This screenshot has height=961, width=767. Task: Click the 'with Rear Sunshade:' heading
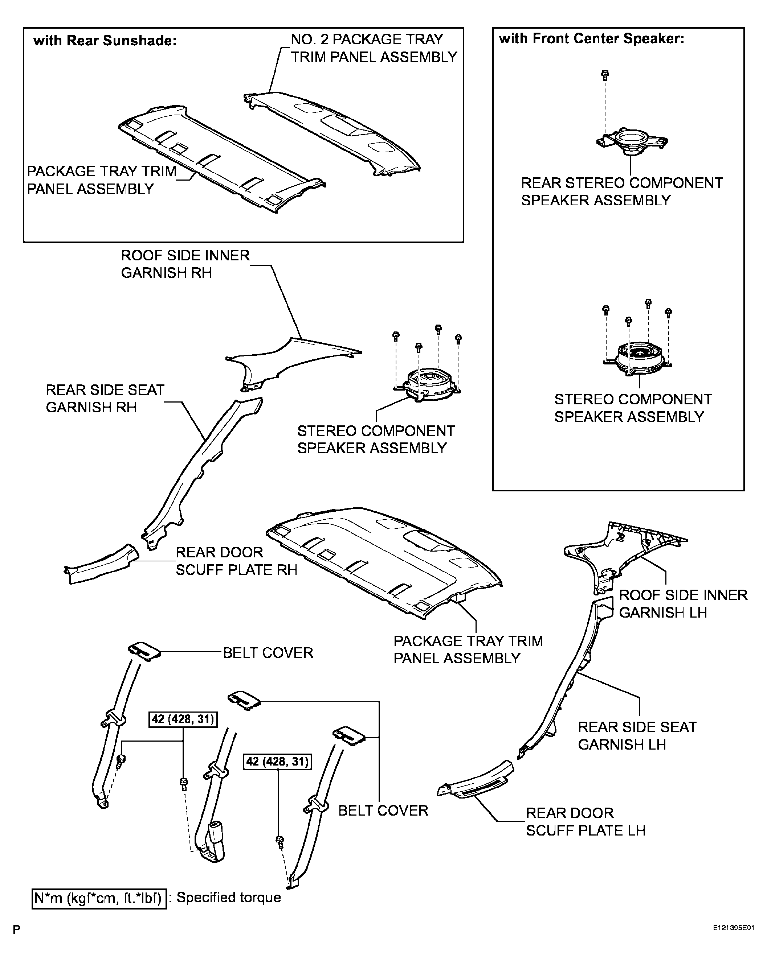coord(105,41)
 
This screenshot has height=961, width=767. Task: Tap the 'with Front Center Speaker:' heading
coord(592,39)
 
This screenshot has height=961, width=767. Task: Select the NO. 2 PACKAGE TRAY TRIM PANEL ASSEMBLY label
coord(374,48)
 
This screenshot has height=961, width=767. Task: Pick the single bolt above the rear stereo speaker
coord(605,75)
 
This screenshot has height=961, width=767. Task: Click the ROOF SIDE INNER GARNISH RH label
coord(185,264)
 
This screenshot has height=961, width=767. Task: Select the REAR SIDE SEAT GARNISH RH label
coord(105,399)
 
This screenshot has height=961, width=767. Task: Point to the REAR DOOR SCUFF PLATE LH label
coord(586,821)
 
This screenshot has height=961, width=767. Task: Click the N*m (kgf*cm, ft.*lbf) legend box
coord(99,898)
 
